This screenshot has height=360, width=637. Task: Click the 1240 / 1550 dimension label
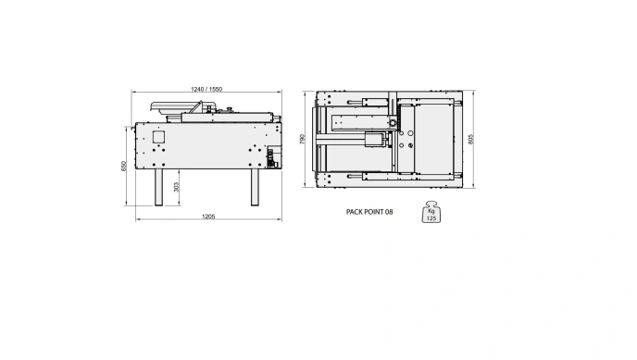click(x=206, y=89)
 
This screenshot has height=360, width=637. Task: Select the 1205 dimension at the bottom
click(x=208, y=217)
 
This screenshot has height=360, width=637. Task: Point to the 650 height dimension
click(x=124, y=166)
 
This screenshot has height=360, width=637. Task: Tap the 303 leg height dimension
click(x=176, y=187)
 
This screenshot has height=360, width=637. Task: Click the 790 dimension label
click(x=302, y=139)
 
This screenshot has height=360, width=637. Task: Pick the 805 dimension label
click(x=471, y=139)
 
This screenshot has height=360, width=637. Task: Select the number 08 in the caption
click(x=389, y=212)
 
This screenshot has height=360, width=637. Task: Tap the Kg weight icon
click(x=431, y=211)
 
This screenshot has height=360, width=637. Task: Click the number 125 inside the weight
click(x=431, y=218)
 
